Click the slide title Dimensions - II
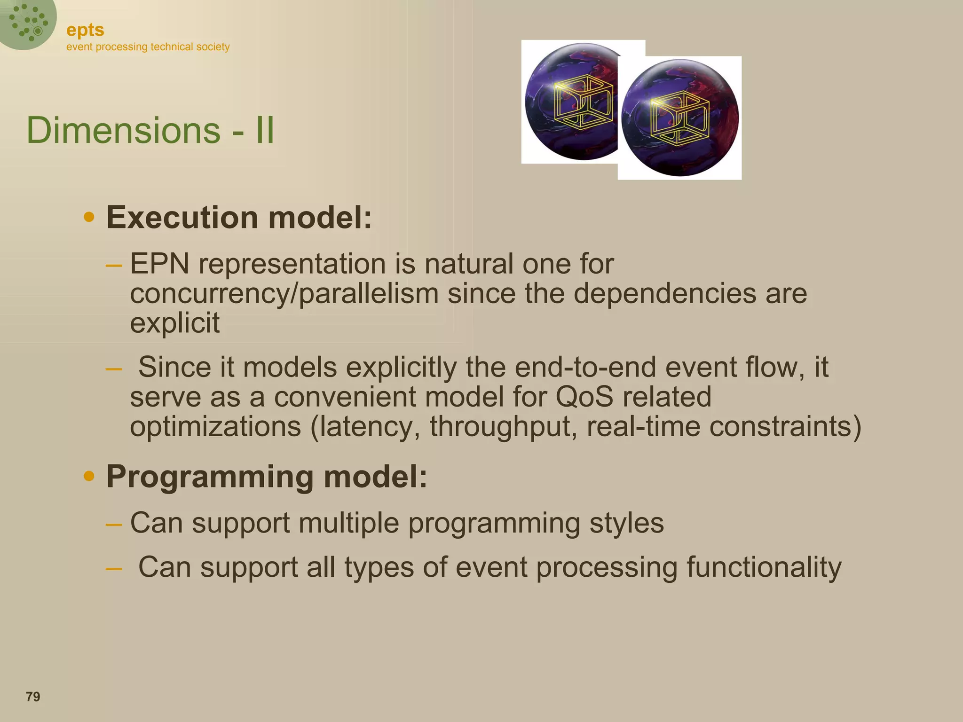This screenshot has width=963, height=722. click(150, 130)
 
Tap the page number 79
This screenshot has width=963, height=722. click(33, 697)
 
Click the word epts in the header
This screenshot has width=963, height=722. click(85, 30)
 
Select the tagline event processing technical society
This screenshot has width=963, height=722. click(148, 47)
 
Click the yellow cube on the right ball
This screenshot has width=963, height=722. click(679, 118)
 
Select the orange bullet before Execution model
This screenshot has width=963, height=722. click(89, 218)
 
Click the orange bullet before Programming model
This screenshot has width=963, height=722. click(89, 477)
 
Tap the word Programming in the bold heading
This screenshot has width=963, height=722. click(210, 477)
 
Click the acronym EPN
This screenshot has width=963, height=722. click(159, 264)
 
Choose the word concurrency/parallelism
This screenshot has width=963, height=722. click(284, 293)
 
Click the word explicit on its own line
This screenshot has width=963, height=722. click(174, 323)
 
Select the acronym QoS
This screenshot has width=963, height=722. click(584, 397)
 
